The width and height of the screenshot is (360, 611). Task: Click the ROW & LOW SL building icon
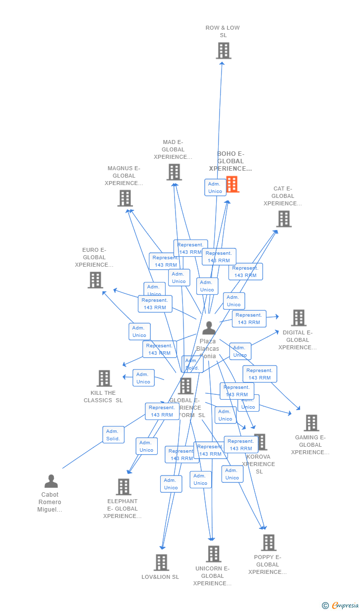(224, 50)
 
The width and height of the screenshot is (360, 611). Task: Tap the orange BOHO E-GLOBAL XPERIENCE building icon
(232, 185)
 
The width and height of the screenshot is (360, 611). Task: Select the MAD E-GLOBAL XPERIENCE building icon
(174, 172)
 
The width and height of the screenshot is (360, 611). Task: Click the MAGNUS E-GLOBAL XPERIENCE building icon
(125, 198)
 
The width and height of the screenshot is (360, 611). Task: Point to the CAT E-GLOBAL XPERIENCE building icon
(284, 219)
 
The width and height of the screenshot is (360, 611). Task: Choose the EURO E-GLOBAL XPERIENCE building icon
(95, 280)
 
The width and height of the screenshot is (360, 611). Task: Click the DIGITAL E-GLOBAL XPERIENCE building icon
(299, 318)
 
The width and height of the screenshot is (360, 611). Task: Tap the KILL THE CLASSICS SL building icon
(104, 378)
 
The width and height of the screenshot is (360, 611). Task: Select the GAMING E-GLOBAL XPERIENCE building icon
(312, 423)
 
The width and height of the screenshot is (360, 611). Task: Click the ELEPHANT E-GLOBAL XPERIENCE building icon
(124, 487)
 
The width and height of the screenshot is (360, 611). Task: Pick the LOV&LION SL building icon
(161, 563)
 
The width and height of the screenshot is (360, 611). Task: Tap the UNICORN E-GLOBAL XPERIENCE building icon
(214, 554)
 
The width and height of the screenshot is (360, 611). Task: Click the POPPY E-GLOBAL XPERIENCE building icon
(269, 543)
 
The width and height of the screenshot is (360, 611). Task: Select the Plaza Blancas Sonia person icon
(209, 328)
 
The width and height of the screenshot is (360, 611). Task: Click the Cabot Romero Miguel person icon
(51, 481)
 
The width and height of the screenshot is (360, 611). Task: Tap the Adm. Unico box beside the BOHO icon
(215, 188)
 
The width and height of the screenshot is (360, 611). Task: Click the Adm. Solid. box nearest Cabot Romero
(113, 435)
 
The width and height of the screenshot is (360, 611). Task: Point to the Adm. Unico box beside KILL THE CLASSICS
(143, 378)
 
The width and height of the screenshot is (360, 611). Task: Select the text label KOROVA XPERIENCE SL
(259, 464)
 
